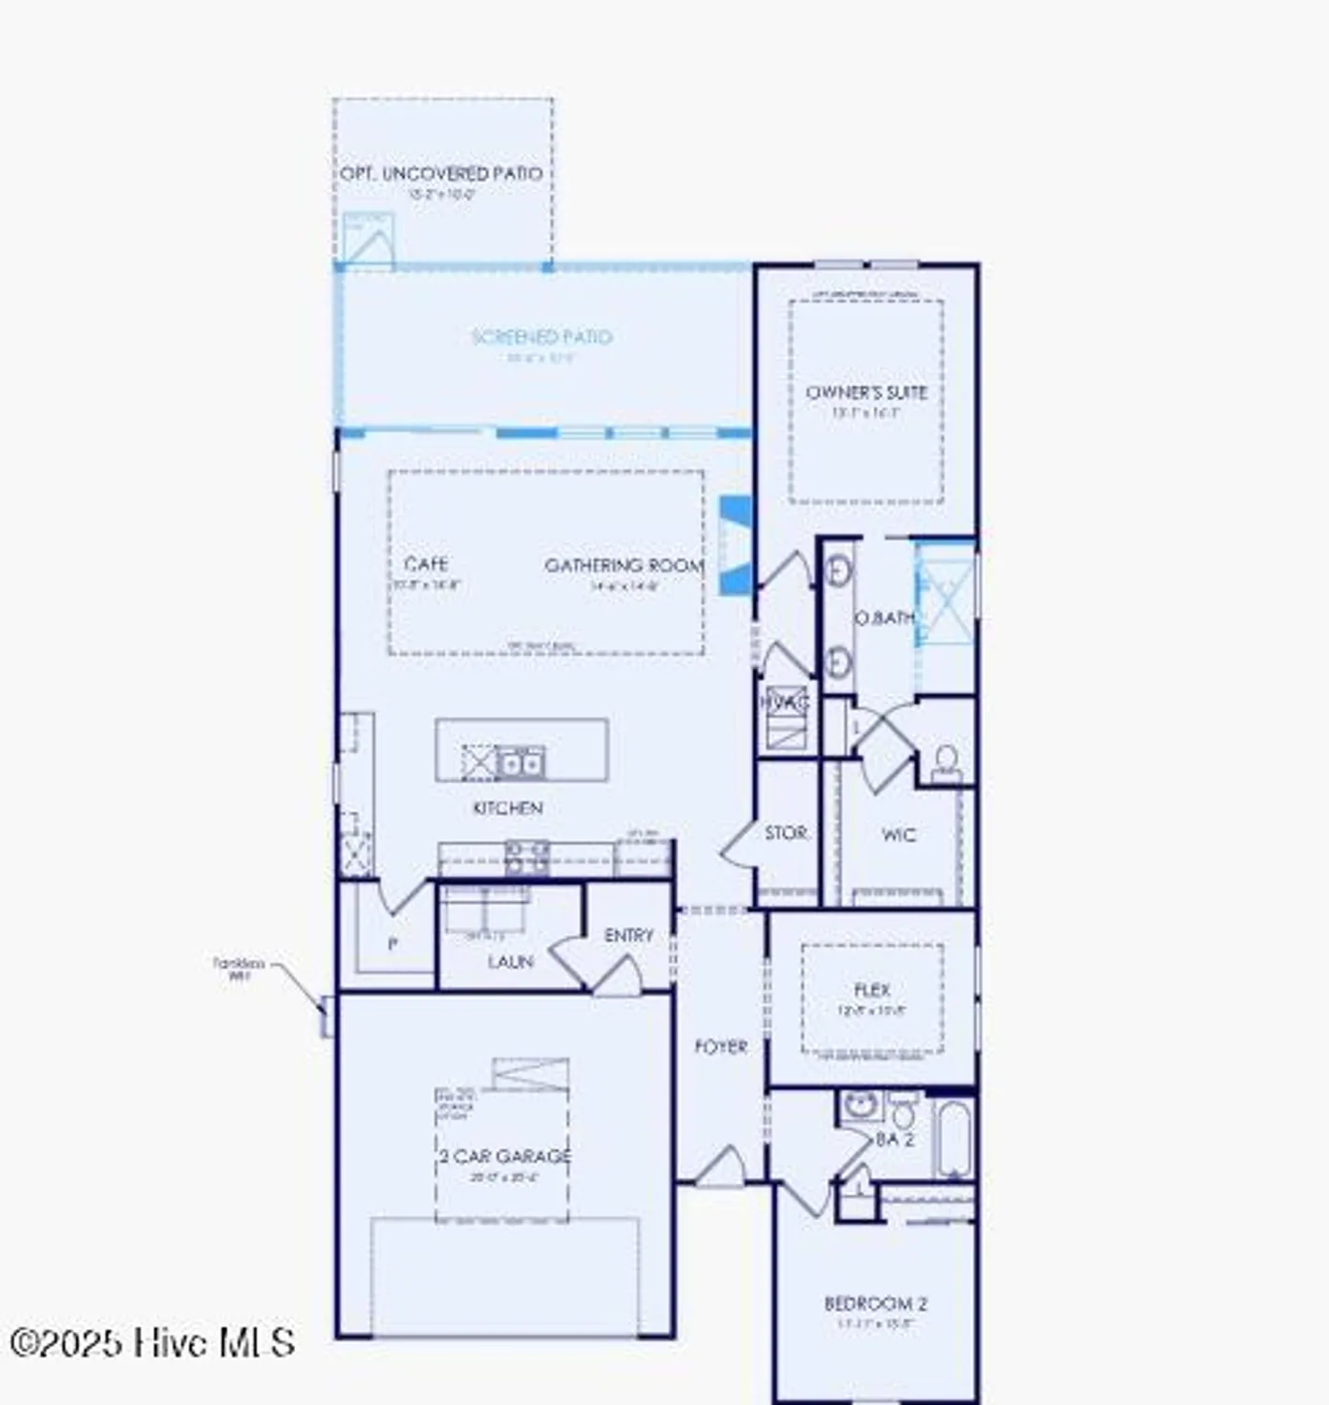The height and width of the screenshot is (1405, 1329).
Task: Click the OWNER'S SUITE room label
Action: coord(866,392)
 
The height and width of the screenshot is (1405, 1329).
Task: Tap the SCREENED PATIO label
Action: coord(541,337)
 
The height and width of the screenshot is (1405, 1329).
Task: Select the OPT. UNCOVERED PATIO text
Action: coord(441,174)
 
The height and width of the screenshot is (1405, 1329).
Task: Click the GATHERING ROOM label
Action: coord(624,566)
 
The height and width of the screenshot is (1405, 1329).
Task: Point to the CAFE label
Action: coord(426,564)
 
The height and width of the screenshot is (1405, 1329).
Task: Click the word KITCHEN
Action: coord(508,807)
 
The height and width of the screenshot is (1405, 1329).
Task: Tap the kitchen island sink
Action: coord(520,762)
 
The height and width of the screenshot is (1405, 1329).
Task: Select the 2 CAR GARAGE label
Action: coord(505,1156)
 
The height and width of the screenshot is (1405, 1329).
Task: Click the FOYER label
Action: coord(720,1046)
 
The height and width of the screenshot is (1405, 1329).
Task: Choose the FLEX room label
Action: coord(872,990)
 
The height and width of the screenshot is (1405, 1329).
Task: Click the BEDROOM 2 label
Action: coord(876,1303)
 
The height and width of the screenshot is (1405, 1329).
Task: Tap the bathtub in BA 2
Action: coord(954,1139)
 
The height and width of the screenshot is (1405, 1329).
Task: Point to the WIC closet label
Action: coord(899,835)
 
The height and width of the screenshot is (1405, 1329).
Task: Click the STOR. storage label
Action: coord(786,833)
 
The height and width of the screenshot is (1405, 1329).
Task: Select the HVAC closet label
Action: coord(785,702)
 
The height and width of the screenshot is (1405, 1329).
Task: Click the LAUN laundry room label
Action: coord(509,962)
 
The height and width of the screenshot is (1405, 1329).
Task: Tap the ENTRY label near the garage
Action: coord(628,936)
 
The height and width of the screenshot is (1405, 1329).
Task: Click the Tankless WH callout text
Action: coord(239,969)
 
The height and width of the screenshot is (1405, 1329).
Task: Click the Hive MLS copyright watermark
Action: coord(152,1342)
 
